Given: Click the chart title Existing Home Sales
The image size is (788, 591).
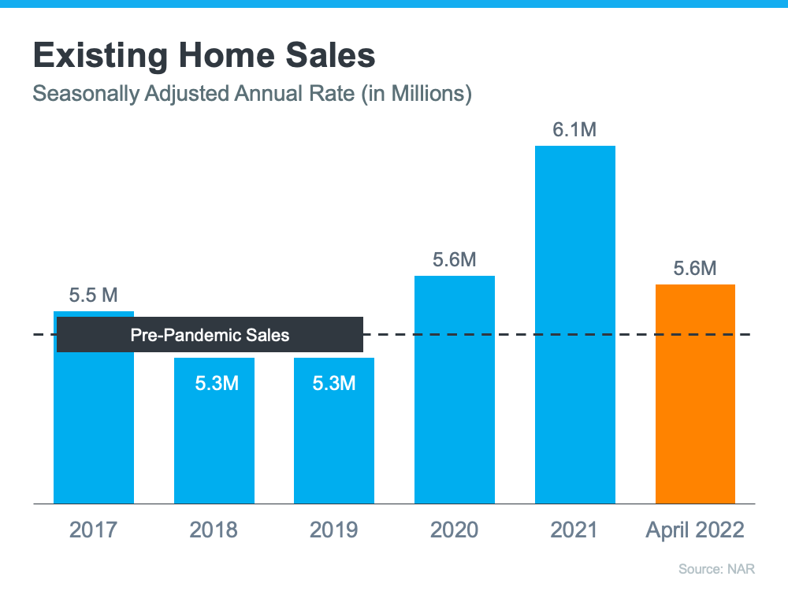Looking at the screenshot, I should [x=203, y=56].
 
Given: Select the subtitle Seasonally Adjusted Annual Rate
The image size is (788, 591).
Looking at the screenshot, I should [x=251, y=95].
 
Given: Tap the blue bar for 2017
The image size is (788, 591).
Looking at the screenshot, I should [x=93, y=426].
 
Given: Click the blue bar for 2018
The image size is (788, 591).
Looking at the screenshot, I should [x=214, y=441].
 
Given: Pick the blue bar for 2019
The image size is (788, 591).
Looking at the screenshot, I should [x=333, y=441].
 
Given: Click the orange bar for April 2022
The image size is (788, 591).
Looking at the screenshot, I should [x=695, y=393].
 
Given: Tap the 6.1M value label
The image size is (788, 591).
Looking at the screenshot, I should [x=574, y=130].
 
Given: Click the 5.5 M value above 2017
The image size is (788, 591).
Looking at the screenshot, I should [x=93, y=296].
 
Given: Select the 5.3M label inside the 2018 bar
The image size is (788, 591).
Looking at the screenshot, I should [x=214, y=384].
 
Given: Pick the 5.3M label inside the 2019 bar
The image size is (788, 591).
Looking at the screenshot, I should [x=333, y=384].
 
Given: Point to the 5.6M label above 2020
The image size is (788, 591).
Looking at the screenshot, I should [x=454, y=260].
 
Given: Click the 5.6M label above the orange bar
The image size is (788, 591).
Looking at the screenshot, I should [x=695, y=269].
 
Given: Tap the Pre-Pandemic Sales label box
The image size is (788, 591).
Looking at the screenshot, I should [x=210, y=335].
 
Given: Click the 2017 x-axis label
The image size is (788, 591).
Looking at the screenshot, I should [x=93, y=530].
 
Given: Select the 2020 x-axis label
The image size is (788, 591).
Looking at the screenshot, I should [x=454, y=530].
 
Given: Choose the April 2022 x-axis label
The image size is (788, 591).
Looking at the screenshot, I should [x=695, y=530].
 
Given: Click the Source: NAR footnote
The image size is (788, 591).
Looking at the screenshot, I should [x=722, y=568].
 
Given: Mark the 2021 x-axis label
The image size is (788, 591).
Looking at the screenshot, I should [x=574, y=530].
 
